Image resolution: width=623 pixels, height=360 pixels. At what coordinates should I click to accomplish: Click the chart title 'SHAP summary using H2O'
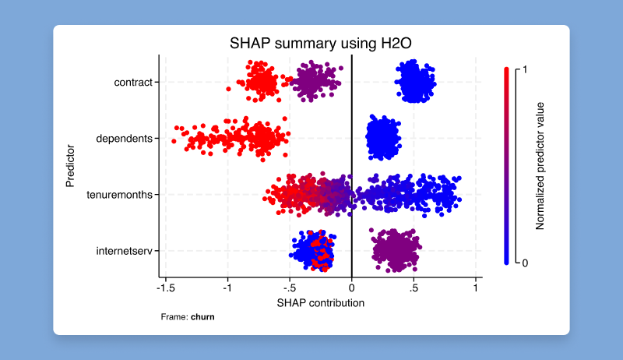(320, 44)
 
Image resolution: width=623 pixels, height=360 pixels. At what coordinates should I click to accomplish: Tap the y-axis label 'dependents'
(124, 139)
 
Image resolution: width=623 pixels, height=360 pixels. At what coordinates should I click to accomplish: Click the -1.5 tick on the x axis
(165, 288)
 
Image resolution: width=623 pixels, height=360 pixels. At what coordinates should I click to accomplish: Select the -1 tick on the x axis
(227, 288)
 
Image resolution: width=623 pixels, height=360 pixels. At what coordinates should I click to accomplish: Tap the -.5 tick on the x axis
(289, 288)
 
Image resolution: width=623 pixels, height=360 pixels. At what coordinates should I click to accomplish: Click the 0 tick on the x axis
(352, 288)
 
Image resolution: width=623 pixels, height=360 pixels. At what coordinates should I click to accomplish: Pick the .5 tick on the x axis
(414, 288)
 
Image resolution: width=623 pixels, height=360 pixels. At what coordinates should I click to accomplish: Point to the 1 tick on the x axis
(476, 288)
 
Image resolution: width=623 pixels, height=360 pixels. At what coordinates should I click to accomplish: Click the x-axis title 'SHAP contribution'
(320, 302)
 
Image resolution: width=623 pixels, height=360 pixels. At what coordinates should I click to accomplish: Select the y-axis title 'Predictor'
(71, 165)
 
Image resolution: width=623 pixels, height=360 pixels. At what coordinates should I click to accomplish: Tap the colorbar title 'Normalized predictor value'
(540, 165)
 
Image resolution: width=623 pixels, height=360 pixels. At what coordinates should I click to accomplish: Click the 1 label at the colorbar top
(524, 69)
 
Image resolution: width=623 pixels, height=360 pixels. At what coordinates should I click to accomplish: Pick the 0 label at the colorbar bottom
(524, 263)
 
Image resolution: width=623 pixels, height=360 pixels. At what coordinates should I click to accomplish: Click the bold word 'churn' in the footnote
(202, 317)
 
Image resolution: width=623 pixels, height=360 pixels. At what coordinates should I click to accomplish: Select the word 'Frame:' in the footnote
(174, 317)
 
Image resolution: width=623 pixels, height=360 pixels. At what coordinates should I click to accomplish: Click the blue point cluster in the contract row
(414, 82)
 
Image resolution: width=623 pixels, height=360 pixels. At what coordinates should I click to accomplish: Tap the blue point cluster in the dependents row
(382, 138)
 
